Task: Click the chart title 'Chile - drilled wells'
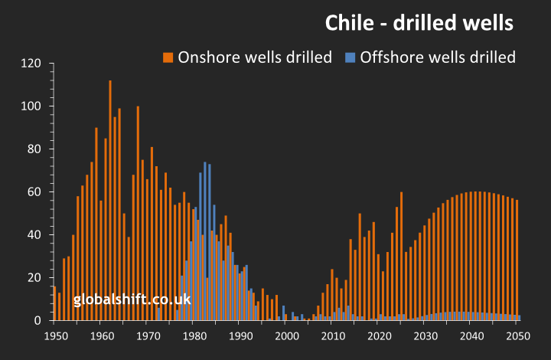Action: [x=419, y=23]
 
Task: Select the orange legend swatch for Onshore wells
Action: [x=168, y=57]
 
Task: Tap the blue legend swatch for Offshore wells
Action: [x=350, y=57]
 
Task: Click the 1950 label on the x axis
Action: [x=54, y=335]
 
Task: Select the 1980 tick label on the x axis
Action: [x=194, y=335]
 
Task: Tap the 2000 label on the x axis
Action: [x=287, y=335]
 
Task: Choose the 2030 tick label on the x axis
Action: [x=425, y=335]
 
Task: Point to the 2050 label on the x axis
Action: [x=518, y=335]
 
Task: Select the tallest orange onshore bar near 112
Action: [x=110, y=201]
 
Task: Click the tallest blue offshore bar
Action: [x=205, y=241]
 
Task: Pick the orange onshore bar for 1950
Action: [x=54, y=303]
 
